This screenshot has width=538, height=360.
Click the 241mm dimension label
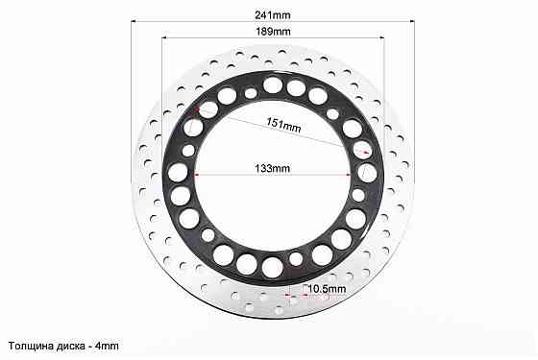(x=273, y=15)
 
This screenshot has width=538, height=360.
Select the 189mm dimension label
(x=273, y=32)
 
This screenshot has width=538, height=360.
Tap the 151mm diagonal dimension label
(x=283, y=125)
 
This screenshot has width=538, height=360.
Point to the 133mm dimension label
(x=273, y=168)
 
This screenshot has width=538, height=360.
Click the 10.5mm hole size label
(x=327, y=289)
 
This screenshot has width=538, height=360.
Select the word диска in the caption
(x=69, y=346)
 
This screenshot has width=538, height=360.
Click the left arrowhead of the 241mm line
(x=134, y=21)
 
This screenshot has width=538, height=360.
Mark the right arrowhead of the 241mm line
(x=412, y=21)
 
